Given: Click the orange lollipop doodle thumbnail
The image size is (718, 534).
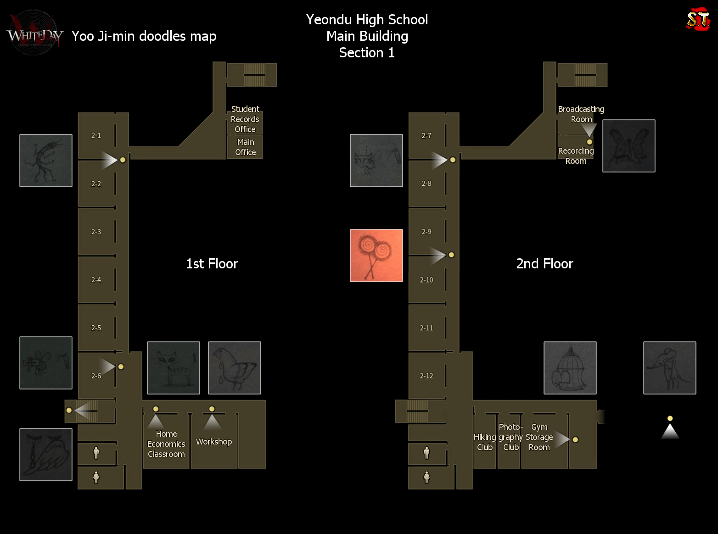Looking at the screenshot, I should coord(376,256).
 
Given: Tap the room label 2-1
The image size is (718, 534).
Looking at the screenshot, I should coord(96,135).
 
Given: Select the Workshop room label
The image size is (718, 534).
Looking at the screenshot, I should coord(214,441).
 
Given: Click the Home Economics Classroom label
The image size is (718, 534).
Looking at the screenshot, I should coord(166,444).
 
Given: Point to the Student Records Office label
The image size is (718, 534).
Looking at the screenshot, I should coord(245,119).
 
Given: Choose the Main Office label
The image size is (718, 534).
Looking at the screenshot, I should coord(246,147).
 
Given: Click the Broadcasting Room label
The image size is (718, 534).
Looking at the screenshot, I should coord(581,114).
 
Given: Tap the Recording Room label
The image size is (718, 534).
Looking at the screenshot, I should coord(576,156).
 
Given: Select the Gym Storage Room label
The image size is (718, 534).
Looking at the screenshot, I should coord(539,437).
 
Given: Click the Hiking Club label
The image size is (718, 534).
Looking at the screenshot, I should coord(485,442).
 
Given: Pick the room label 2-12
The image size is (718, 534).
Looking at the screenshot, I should coord(426,376).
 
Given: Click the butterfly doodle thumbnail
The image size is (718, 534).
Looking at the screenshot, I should coord(629,146).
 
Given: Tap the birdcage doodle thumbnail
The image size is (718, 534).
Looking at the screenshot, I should coord(570,368).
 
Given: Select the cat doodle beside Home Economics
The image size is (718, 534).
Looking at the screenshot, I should coord(174,368).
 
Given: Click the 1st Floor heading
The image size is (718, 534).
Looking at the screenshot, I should coord(212,264).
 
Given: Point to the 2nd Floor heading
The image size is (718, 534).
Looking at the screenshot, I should coord(545,264).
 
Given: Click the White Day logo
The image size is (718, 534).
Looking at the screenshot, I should coord(34,34).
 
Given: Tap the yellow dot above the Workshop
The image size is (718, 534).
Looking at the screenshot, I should coord(212,409).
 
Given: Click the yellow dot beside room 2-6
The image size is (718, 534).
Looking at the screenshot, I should coord(121,367).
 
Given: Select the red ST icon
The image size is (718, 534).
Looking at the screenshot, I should coord(698,19).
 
